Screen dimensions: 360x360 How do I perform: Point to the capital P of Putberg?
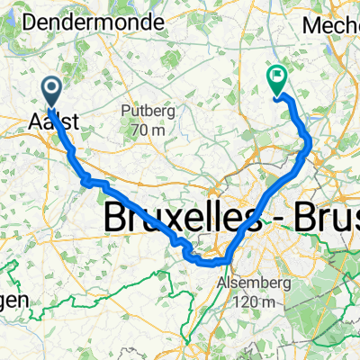(x=124, y=112)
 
